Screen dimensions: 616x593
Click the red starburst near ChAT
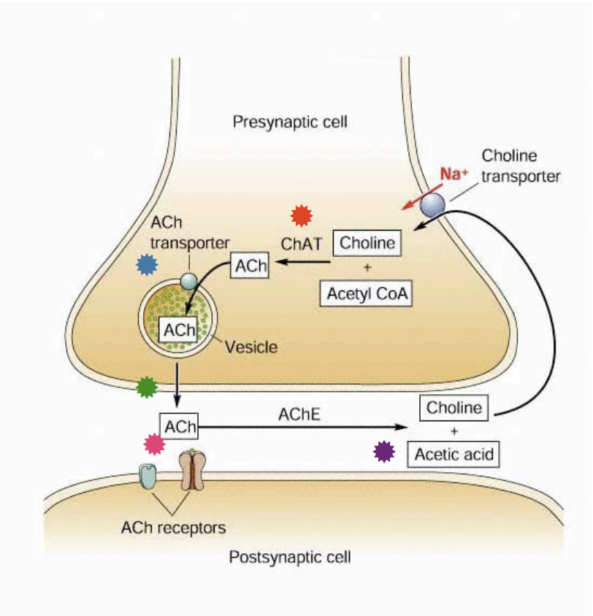[x=301, y=215]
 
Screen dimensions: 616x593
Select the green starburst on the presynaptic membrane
[x=148, y=387]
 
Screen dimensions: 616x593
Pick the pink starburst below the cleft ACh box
[x=154, y=444]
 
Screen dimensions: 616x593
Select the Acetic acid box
[x=454, y=454]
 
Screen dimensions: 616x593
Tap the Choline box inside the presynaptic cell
[x=367, y=243]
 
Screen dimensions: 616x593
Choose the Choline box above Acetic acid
[x=454, y=407]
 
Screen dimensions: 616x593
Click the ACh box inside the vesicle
[x=179, y=329]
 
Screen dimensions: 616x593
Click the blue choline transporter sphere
[x=432, y=205]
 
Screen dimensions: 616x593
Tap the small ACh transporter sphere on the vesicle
[x=188, y=280]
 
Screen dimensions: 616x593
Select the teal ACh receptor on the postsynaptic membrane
[x=149, y=474]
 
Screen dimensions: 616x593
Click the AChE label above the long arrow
[x=299, y=415]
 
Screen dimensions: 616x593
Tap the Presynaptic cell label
[x=290, y=121]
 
